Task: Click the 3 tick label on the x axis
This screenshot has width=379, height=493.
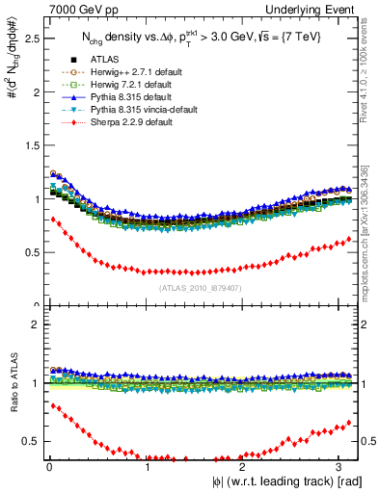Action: pyautogui.click(x=341, y=467)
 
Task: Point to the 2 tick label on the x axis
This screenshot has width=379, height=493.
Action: pyautogui.click(x=244, y=467)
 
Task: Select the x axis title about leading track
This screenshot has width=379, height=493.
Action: pyautogui.click(x=276, y=481)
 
